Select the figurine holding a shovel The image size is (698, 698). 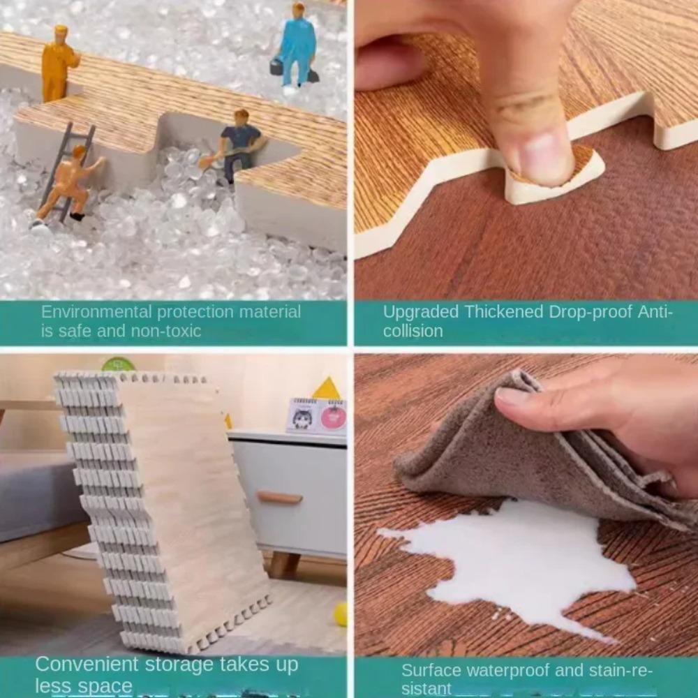[x=239, y=144]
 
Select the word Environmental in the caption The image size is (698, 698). [x=96, y=312]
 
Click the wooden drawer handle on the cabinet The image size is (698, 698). [x=279, y=497]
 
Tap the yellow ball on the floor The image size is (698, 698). [x=341, y=614]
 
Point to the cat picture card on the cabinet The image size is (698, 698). [x=303, y=417]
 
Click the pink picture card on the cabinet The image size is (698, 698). [x=332, y=417]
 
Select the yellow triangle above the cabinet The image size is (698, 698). [x=326, y=389]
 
